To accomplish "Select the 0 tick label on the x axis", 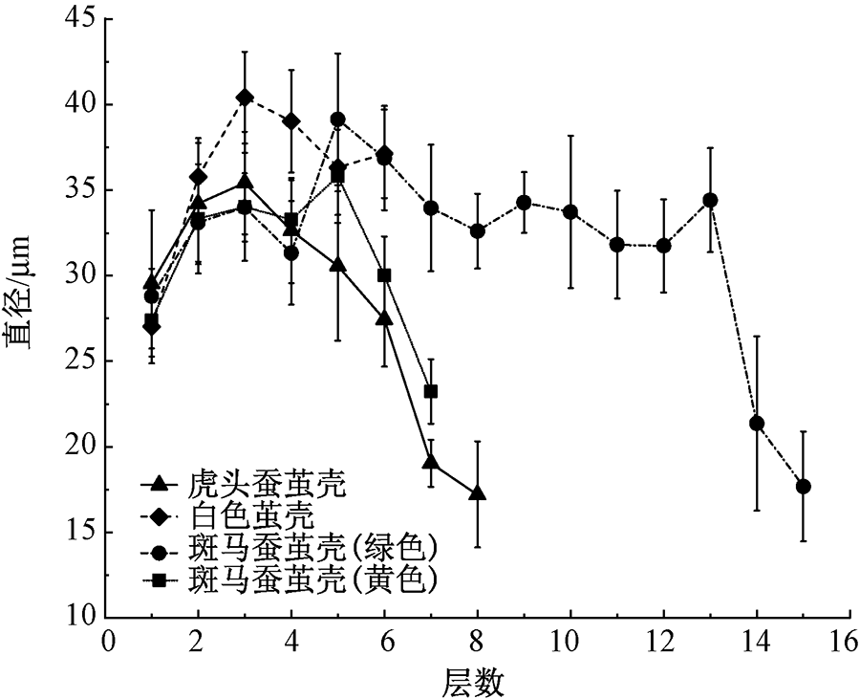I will (x=108, y=642).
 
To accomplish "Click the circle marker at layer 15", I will (x=804, y=487).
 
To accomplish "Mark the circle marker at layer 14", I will (x=757, y=424).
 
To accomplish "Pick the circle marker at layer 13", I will (x=710, y=200).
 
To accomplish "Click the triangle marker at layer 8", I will (x=478, y=493).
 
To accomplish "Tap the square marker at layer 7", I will (x=431, y=391).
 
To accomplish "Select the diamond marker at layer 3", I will (x=246, y=98).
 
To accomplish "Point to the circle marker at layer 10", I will (x=570, y=211).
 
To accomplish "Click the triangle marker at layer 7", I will (x=431, y=463).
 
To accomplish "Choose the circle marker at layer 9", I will (x=524, y=203).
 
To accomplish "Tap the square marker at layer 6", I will (x=385, y=275).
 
